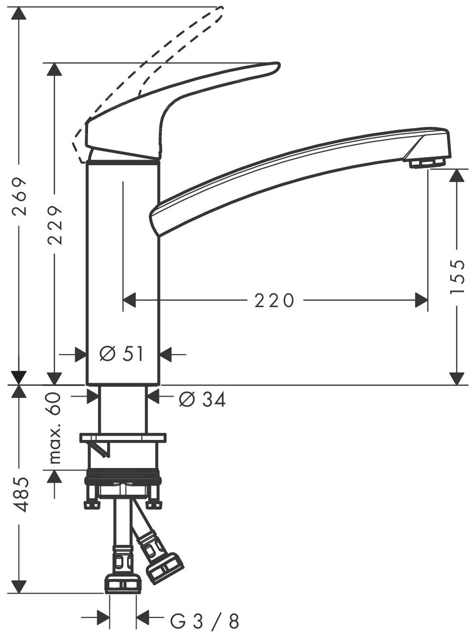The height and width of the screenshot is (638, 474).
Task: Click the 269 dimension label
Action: click(x=19, y=197)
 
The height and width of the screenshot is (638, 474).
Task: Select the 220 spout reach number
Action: click(x=275, y=300)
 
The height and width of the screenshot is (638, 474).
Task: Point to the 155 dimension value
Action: click(x=457, y=277)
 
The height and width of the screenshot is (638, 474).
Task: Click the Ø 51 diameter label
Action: click(x=122, y=354)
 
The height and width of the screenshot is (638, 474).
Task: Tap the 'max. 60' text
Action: click(x=56, y=428)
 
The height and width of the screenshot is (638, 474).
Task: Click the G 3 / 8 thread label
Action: click(x=204, y=621)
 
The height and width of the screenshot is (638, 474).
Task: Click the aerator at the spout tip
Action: click(x=427, y=163)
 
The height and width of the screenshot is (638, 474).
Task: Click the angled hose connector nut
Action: click(x=165, y=567)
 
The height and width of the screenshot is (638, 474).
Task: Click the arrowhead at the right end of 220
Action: click(x=421, y=300)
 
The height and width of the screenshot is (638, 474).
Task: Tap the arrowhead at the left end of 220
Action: click(x=130, y=300)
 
